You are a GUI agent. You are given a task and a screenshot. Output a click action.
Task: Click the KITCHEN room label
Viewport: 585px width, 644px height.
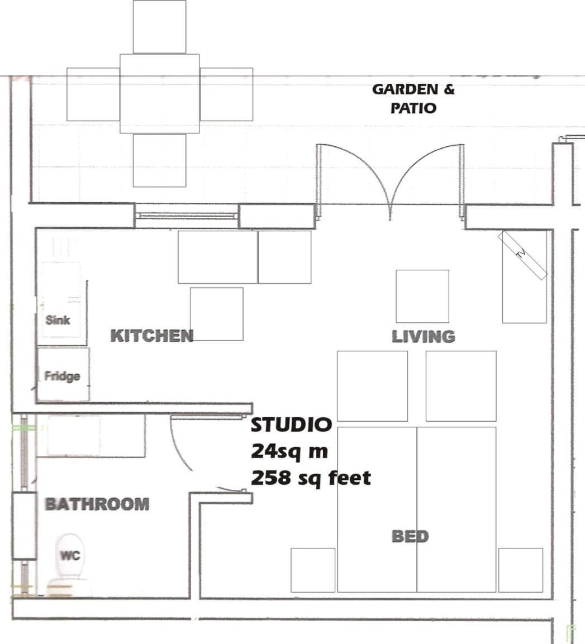(x=152, y=336)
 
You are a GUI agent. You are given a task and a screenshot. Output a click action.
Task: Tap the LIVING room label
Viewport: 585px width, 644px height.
(x=424, y=337)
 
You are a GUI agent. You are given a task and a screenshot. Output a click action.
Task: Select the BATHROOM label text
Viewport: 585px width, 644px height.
(x=97, y=504)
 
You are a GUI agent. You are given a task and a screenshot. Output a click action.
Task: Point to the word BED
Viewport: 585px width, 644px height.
(x=410, y=536)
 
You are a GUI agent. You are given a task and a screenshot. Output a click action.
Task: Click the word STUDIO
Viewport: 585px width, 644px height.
(x=291, y=424)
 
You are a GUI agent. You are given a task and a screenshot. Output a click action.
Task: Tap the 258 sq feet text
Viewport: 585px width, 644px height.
(x=311, y=478)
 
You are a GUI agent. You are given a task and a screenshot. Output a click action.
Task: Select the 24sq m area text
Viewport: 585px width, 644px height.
(x=289, y=451)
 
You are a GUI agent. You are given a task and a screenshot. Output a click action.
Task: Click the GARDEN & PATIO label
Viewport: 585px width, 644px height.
(x=413, y=98)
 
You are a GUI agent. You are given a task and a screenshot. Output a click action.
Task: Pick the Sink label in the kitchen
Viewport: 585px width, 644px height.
(x=58, y=320)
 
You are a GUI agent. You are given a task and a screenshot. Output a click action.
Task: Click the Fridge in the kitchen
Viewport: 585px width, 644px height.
(x=63, y=374)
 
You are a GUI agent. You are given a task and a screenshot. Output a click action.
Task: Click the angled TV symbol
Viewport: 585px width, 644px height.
(x=522, y=255)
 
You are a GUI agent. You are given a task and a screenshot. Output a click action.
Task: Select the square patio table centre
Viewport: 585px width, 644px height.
(x=159, y=94)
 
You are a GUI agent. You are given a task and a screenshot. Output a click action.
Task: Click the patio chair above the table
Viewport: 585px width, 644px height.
(x=159, y=27)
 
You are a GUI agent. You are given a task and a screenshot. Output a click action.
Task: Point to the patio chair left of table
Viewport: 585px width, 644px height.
(x=93, y=94)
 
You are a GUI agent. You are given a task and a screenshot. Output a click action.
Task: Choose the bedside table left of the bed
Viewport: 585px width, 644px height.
(x=313, y=570)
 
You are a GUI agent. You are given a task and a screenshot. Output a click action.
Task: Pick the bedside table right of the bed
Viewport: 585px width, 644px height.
(x=521, y=570)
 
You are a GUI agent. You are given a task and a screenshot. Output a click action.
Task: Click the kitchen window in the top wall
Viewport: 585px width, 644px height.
(x=187, y=216)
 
